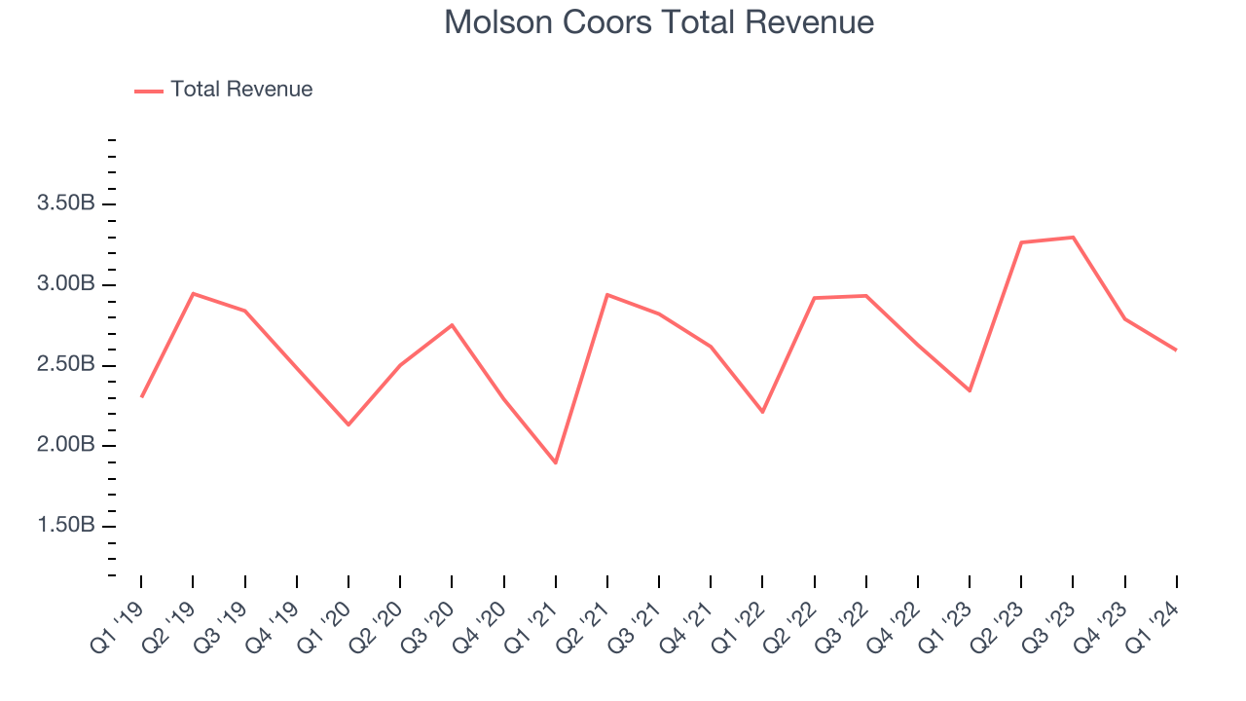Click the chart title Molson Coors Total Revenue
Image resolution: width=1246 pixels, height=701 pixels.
(x=659, y=21)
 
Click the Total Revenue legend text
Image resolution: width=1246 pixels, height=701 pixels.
(x=241, y=90)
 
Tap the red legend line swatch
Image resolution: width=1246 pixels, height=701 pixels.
(x=149, y=91)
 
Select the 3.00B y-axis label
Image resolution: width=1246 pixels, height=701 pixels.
(x=65, y=284)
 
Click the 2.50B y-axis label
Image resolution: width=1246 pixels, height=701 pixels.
(x=65, y=365)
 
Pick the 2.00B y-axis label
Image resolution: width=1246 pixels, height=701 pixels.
(x=65, y=446)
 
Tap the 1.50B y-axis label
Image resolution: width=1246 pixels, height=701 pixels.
(x=65, y=527)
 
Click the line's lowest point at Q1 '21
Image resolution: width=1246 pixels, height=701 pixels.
(x=556, y=462)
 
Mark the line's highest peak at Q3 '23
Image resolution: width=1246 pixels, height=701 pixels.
(x=1073, y=237)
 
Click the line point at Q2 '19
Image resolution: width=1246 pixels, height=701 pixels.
(x=193, y=293)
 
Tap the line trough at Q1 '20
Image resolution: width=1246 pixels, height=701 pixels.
(x=348, y=424)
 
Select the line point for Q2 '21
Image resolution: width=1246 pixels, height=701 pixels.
(x=607, y=294)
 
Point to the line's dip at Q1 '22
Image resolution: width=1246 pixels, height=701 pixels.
(x=762, y=412)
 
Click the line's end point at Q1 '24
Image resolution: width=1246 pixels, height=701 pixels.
(x=1176, y=350)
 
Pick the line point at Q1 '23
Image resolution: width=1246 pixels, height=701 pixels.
(x=970, y=390)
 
